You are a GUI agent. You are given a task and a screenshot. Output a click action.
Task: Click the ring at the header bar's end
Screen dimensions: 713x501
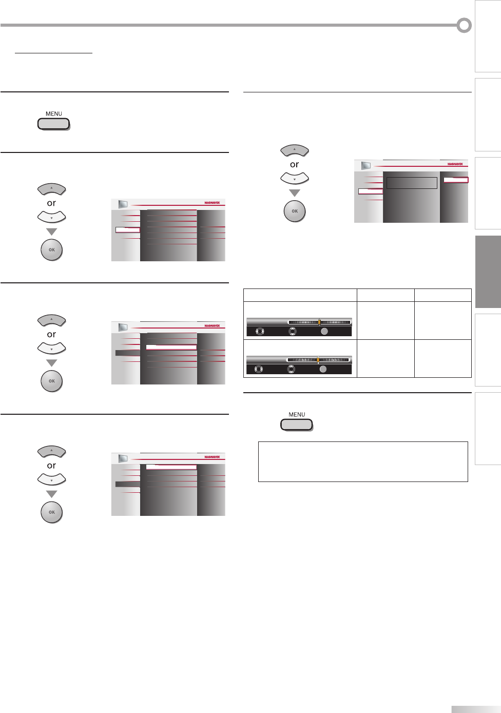pyautogui.click(x=464, y=25)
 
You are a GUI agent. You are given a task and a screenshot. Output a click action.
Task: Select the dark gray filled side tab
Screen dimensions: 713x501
pyautogui.click(x=488, y=272)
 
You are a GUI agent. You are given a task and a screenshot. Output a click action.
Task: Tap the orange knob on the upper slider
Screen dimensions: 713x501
pyautogui.click(x=319, y=322)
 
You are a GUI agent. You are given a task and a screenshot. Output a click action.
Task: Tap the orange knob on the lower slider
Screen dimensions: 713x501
pyautogui.click(x=318, y=360)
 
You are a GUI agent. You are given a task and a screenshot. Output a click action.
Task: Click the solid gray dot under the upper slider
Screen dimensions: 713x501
pyautogui.click(x=324, y=332)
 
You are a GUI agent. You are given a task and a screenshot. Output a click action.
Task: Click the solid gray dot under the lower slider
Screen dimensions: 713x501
pyautogui.click(x=322, y=369)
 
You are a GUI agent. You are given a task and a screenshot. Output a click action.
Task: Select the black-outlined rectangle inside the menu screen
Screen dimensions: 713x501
pyautogui.click(x=412, y=183)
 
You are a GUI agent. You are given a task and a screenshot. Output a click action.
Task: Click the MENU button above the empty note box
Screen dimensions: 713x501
pyautogui.click(x=297, y=425)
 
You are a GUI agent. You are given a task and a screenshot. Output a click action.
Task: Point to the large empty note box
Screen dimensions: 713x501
pyautogui.click(x=363, y=461)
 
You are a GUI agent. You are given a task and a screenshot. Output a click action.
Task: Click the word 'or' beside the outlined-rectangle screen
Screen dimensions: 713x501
pyautogui.click(x=294, y=165)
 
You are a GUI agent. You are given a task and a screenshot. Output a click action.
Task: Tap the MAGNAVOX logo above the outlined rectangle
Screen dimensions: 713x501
pyautogui.click(x=455, y=164)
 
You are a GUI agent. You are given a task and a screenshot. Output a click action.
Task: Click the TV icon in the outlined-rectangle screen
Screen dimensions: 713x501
pyautogui.click(x=365, y=165)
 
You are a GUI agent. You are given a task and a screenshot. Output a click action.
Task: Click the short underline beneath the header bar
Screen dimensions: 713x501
pyautogui.click(x=53, y=53)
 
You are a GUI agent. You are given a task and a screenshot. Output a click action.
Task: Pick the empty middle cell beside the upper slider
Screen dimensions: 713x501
pyautogui.click(x=386, y=320)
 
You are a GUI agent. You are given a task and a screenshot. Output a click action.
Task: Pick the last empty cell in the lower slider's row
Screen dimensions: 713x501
pyautogui.click(x=442, y=358)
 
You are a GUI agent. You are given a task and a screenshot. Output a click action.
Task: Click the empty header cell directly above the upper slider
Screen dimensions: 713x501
pyautogui.click(x=300, y=295)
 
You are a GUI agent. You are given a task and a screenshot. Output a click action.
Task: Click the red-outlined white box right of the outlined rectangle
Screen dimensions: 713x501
pyautogui.click(x=456, y=180)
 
